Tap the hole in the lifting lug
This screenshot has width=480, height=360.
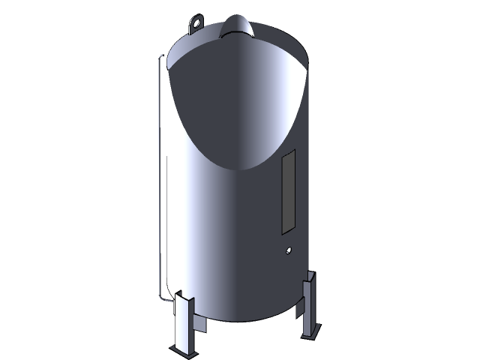(196, 22)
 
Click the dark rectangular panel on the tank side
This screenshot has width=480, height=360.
(287, 189)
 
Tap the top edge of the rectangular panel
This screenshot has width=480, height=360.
(288, 151)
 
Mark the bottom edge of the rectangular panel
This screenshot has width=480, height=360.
(286, 228)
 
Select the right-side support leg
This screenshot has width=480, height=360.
(310, 307)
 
